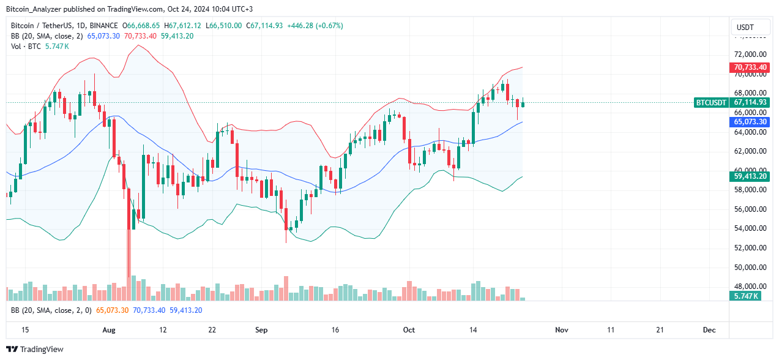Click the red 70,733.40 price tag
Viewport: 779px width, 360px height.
(750, 67)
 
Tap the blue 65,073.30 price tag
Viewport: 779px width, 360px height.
(750, 122)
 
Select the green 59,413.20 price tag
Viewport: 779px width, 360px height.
(750, 176)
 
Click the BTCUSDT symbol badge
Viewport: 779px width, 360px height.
(711, 103)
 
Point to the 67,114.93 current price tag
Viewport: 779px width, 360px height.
(750, 103)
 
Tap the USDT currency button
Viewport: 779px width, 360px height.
(745, 28)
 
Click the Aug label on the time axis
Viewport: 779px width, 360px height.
(108, 330)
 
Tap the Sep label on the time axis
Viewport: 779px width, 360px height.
(261, 330)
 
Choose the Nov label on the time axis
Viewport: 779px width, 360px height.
(561, 330)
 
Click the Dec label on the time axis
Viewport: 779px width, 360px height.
(709, 330)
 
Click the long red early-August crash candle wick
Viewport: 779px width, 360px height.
(129, 257)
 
